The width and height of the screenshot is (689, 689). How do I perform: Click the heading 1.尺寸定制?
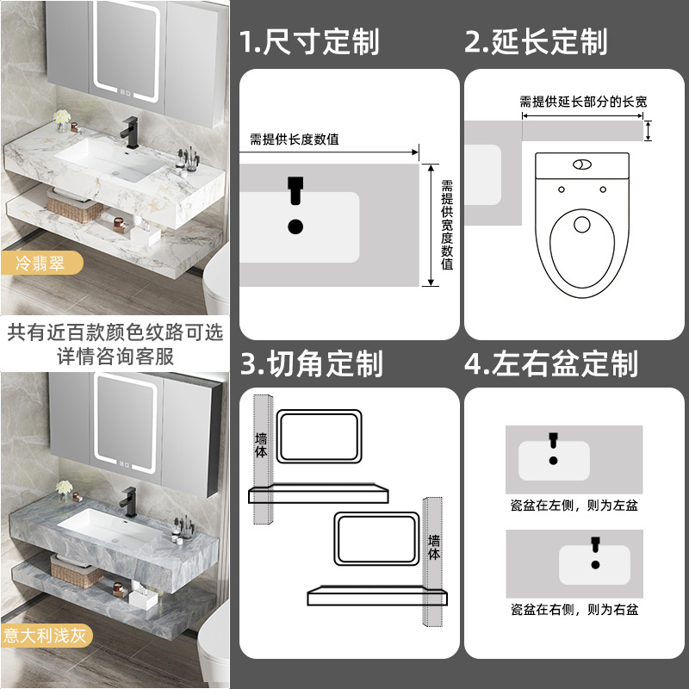(x=309, y=41)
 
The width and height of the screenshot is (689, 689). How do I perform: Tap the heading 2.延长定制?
(x=537, y=41)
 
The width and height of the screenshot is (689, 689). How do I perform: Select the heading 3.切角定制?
(x=311, y=363)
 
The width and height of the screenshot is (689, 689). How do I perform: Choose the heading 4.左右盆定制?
(x=551, y=363)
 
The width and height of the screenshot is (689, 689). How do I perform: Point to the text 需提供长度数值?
(x=294, y=139)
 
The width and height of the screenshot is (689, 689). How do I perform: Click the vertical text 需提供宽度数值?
(x=447, y=225)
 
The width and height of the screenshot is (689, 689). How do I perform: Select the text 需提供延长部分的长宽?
(x=583, y=102)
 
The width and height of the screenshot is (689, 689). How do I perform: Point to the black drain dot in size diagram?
(x=295, y=227)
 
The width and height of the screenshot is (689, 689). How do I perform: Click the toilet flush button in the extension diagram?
(x=582, y=162)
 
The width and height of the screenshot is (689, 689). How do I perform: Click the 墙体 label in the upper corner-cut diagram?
(x=261, y=444)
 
